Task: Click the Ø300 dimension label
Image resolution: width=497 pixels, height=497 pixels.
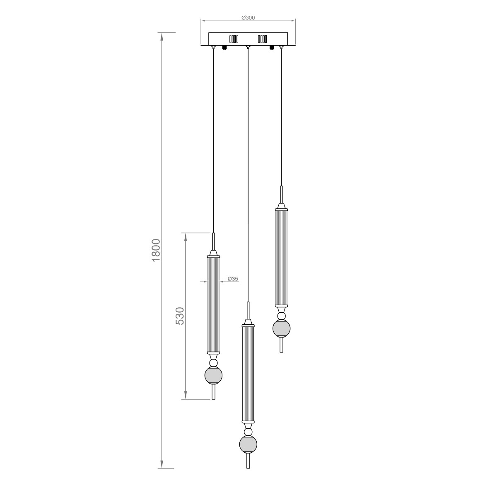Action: coord(248,17)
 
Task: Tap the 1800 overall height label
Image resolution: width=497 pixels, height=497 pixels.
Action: coord(156,250)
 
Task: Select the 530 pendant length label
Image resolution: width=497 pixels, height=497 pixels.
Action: coord(180,316)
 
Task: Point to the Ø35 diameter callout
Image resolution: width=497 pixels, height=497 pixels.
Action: coord(233,279)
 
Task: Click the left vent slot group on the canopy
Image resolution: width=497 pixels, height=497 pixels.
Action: coord(234,39)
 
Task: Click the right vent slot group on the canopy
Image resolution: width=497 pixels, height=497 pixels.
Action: coord(262,39)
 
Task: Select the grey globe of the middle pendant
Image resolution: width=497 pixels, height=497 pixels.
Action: coord(248,445)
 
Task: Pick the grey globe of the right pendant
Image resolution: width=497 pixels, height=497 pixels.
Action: coord(281,328)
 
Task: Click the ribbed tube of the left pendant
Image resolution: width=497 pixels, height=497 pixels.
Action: coord(213,304)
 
